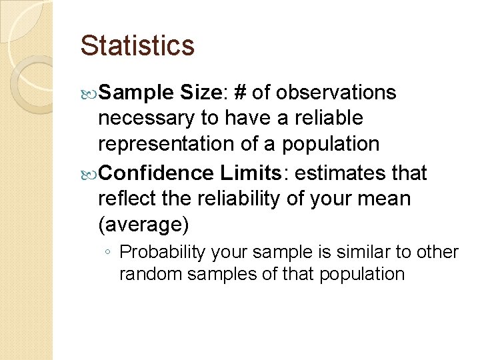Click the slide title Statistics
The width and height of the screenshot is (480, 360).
pyautogui.click(x=137, y=45)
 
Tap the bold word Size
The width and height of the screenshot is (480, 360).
pyautogui.click(x=198, y=93)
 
